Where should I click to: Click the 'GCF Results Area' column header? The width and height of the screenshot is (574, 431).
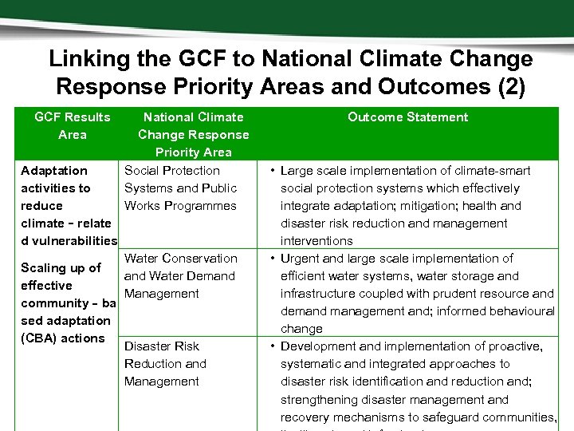pos(72,125)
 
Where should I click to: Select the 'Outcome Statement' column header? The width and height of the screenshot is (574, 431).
pos(407,117)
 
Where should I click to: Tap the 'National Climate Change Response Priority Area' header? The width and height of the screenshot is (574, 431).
pos(193,134)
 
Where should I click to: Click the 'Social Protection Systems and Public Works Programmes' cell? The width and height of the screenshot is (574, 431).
pos(180,188)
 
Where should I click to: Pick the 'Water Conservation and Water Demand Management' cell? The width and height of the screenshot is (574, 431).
pos(180,275)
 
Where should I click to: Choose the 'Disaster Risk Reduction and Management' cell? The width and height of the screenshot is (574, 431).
pos(165,363)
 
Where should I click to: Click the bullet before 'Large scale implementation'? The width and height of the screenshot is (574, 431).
pos(272,170)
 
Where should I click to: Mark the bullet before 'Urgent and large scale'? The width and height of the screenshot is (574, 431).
pos(272,258)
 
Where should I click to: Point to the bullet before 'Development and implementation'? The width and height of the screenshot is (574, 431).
pos(272,346)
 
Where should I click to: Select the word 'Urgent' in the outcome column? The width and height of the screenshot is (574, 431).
pos(301,258)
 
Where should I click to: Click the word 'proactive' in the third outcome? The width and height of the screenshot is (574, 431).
pos(511,346)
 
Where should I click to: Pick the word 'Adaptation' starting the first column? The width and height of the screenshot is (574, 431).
pos(54,170)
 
